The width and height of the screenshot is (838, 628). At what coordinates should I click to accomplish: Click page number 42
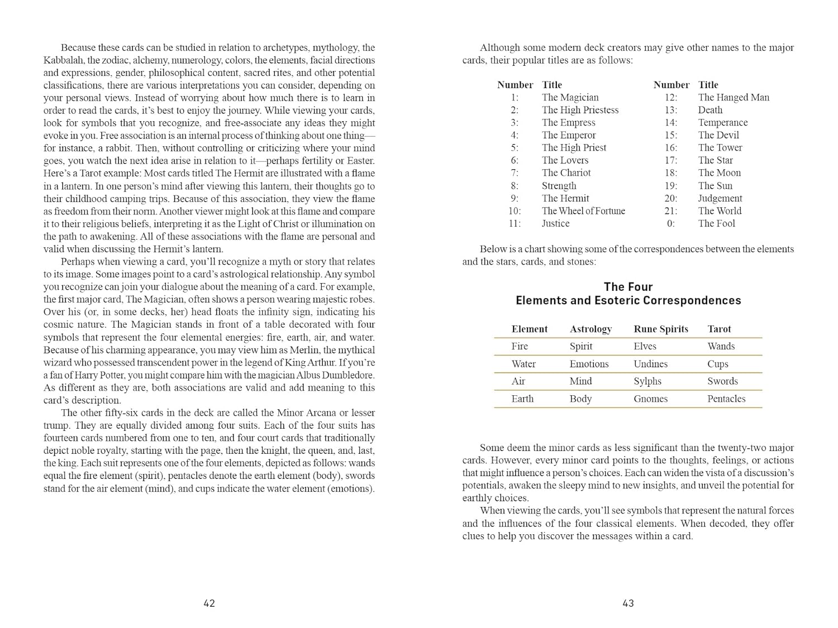point(209,603)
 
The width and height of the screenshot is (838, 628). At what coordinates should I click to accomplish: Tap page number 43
point(628,603)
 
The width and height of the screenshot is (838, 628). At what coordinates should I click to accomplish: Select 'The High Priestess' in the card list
point(580,110)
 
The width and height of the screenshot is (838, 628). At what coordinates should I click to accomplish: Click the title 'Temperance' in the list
point(722,122)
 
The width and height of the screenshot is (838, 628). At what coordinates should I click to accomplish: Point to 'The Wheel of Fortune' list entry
point(583,210)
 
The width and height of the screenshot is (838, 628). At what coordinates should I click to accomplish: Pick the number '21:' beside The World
point(670,210)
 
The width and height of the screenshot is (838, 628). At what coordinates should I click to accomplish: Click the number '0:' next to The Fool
point(670,223)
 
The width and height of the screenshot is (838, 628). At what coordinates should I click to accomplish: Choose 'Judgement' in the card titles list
point(720,198)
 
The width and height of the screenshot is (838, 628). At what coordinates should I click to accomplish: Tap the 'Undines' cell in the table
point(650,364)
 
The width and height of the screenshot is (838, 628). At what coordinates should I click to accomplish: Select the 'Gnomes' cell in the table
point(650,399)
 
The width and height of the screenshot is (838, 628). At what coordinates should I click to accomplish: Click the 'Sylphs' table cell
point(647,381)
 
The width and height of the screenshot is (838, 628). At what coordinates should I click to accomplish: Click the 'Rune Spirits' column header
point(660,329)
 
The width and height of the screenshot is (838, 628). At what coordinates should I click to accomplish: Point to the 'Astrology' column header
point(591,329)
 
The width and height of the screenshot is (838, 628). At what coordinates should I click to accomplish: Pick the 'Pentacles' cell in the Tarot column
point(726,399)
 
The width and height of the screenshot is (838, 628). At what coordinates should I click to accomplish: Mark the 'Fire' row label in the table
point(519,346)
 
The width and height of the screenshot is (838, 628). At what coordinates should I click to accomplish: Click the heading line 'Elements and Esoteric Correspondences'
point(628,300)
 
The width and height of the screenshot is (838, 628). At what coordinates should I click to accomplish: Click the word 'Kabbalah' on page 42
point(64,60)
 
